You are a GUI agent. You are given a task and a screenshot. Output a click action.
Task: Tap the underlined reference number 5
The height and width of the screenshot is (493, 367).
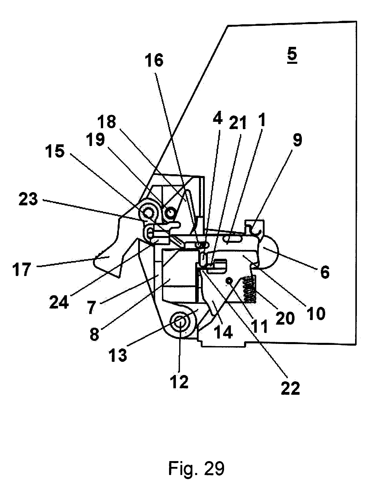292,55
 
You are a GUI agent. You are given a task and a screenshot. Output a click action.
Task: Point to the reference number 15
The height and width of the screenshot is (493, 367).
55,152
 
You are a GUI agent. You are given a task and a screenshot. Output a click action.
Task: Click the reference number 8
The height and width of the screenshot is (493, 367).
94,335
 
